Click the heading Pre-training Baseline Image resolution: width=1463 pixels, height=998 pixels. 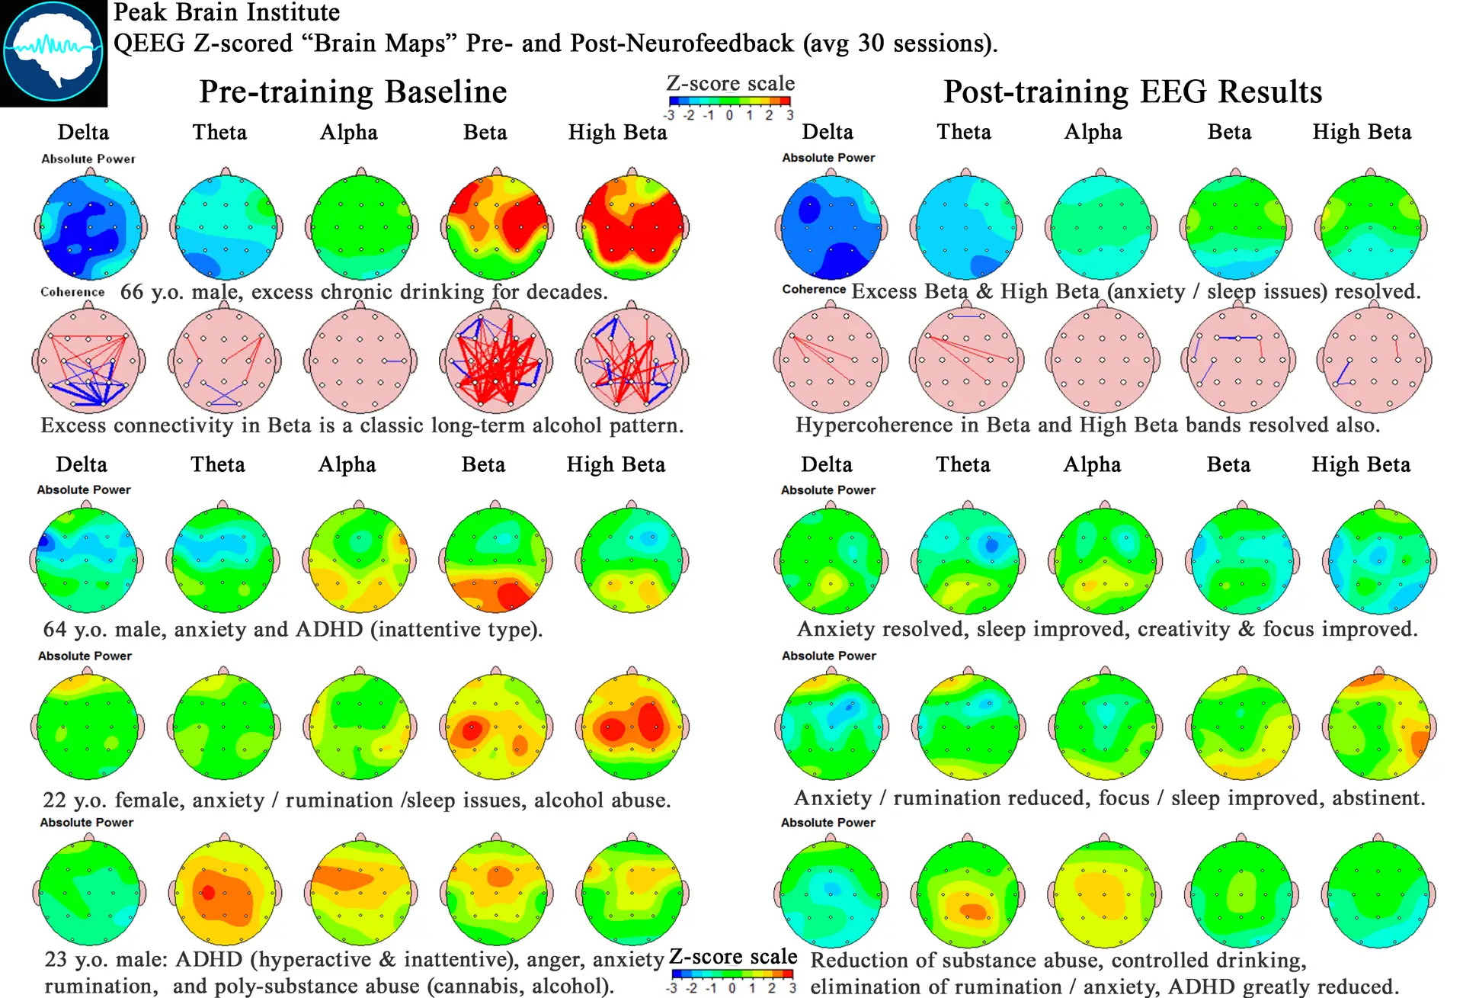click(353, 92)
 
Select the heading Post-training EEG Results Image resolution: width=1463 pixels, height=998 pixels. click(1132, 92)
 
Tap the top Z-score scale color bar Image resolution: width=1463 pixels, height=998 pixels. click(729, 101)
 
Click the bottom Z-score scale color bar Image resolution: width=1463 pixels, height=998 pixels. click(731, 974)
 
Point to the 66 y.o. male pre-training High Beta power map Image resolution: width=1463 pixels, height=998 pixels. click(632, 226)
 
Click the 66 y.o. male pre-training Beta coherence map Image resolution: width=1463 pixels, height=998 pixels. click(497, 360)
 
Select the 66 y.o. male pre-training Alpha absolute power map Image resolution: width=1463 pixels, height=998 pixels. click(362, 226)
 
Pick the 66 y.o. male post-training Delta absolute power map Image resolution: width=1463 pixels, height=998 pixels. click(831, 226)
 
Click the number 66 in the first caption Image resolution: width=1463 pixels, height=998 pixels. click(131, 292)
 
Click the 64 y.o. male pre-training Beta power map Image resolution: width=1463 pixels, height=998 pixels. click(496, 560)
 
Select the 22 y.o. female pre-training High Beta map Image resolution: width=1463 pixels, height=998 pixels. click(632, 726)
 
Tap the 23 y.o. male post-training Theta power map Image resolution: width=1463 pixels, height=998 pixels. click(968, 894)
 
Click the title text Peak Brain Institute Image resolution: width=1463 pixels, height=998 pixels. click(226, 12)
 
